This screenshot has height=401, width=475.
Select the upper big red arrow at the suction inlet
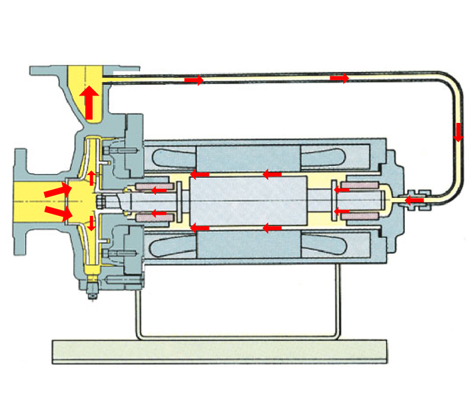(56, 191)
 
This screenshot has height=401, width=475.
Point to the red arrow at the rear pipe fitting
(415, 200)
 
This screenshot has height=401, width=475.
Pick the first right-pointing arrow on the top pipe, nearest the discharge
(193, 80)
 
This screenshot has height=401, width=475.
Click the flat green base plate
(219, 351)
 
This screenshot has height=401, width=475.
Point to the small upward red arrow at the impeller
(92, 176)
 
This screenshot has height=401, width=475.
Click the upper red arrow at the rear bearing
(341, 190)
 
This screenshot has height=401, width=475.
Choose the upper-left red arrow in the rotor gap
(199, 175)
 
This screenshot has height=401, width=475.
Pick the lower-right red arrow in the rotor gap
(270, 228)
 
